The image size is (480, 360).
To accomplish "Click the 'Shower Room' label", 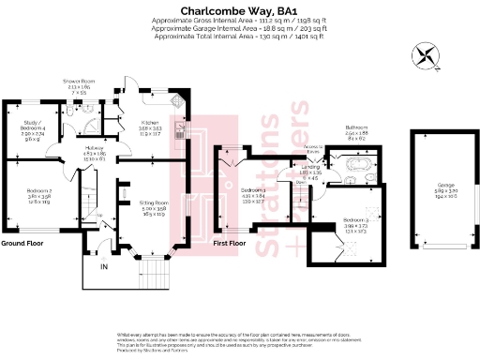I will coord(78,84).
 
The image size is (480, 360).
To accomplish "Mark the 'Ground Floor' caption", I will coord(24,243).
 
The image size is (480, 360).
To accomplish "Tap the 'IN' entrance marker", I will coord(104,267).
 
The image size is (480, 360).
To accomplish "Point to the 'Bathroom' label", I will coord(357,127).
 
